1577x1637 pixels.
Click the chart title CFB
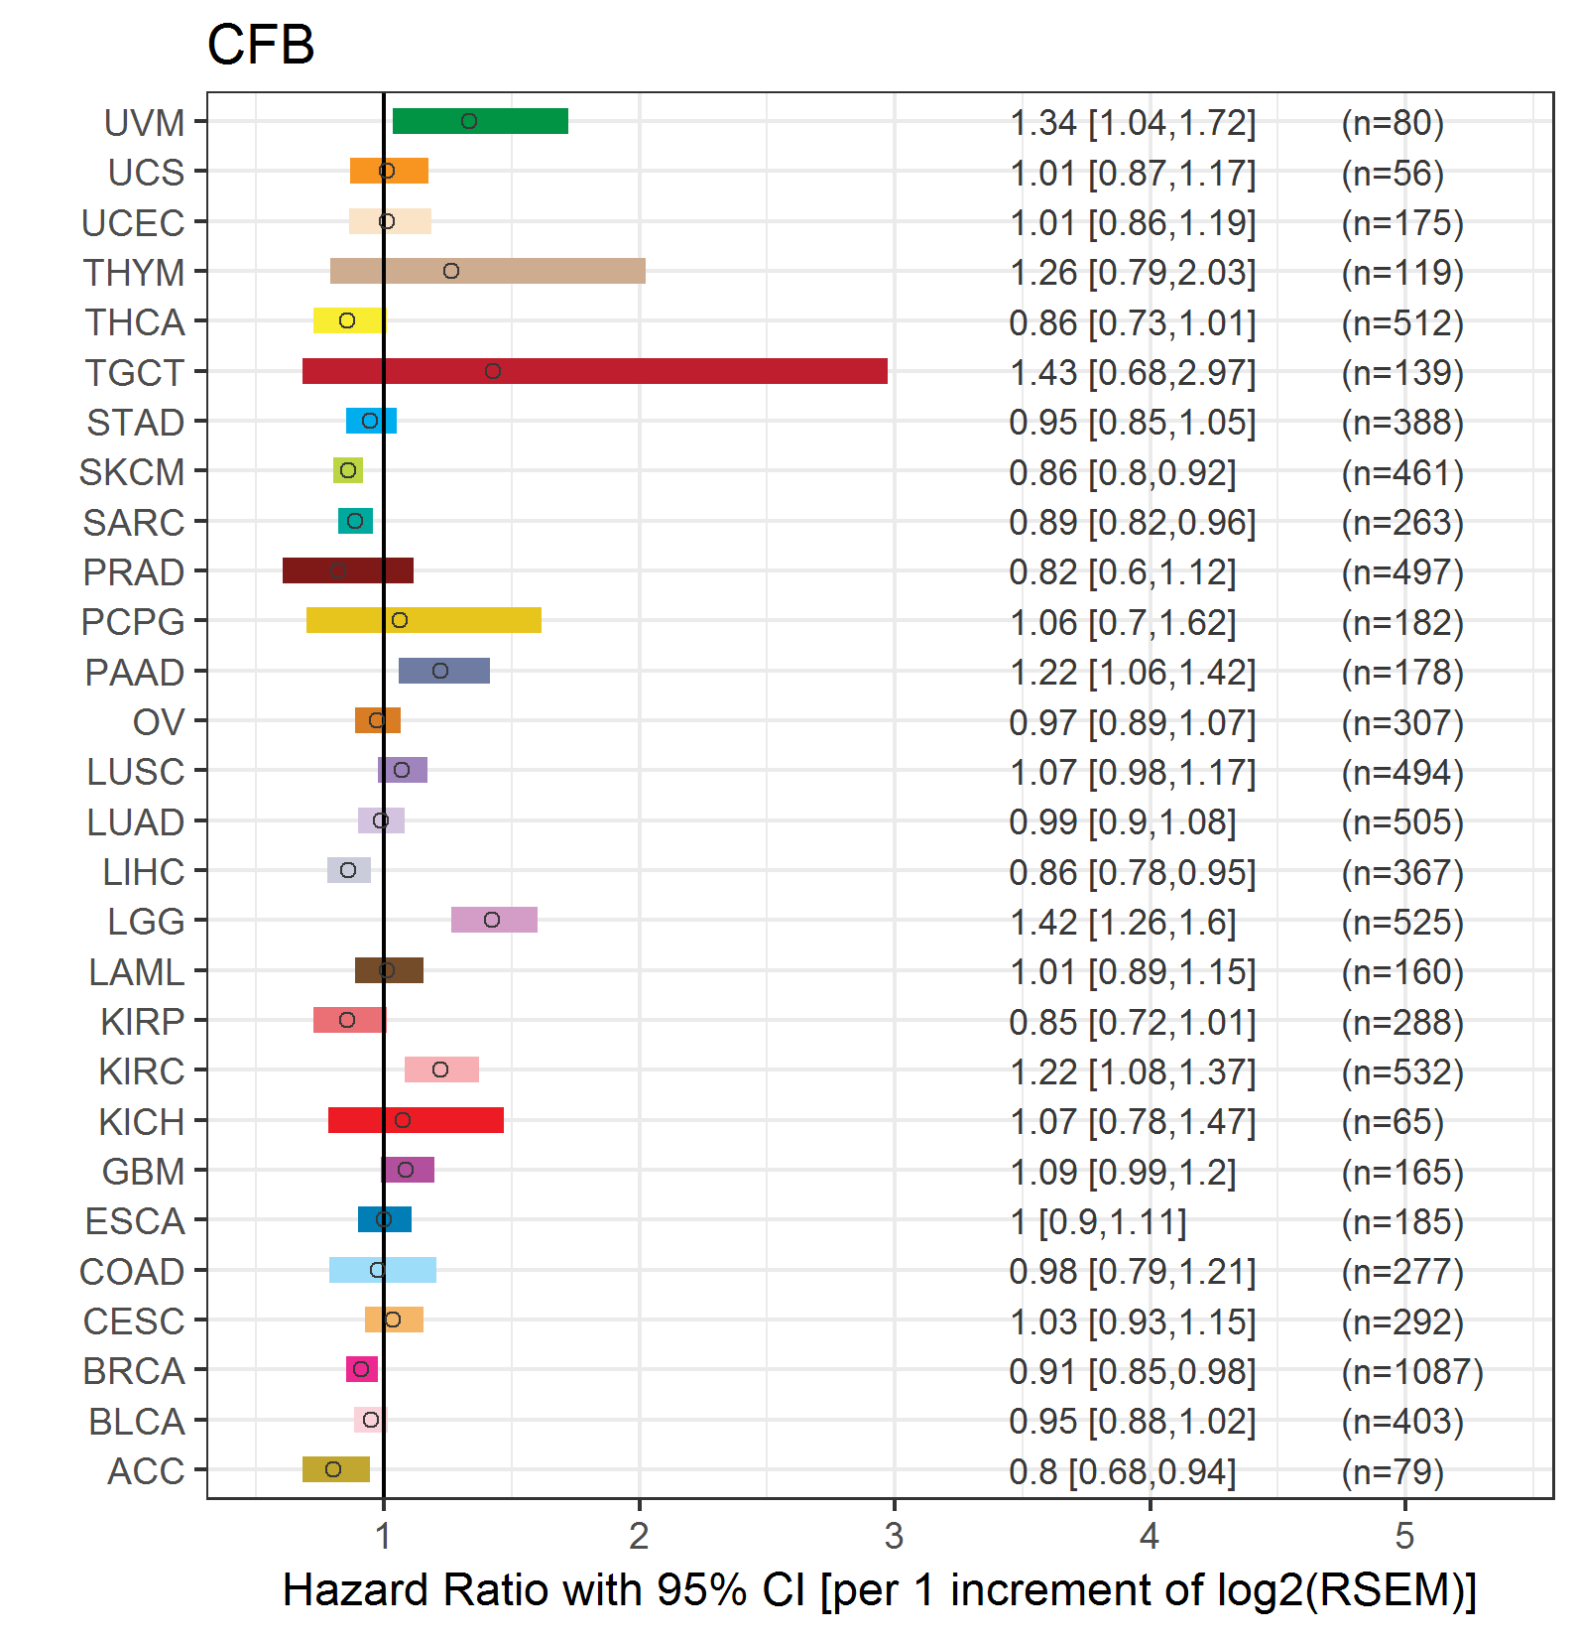[x=261, y=45]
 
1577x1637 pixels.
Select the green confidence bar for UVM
[x=480, y=121]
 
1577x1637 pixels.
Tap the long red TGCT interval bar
[x=595, y=371]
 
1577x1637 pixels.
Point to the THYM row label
[x=134, y=272]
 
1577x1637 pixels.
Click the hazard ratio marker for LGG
[x=492, y=920]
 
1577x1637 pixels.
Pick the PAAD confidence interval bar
[x=444, y=671]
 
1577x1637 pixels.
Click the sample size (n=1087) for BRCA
[x=1412, y=1371]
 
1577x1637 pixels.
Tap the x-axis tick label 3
[x=895, y=1536]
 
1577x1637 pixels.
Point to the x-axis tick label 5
[x=1404, y=1536]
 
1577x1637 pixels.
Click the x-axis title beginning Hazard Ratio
[x=879, y=1589]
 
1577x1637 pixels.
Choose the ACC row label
[x=146, y=1471]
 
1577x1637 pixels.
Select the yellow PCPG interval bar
[x=424, y=620]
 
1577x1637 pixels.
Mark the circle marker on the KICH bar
[x=403, y=1120]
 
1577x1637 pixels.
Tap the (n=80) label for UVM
[x=1393, y=123]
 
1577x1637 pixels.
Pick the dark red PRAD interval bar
[x=348, y=570]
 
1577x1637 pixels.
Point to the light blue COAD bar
[x=383, y=1270]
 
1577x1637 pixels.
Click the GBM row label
[x=144, y=1172]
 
